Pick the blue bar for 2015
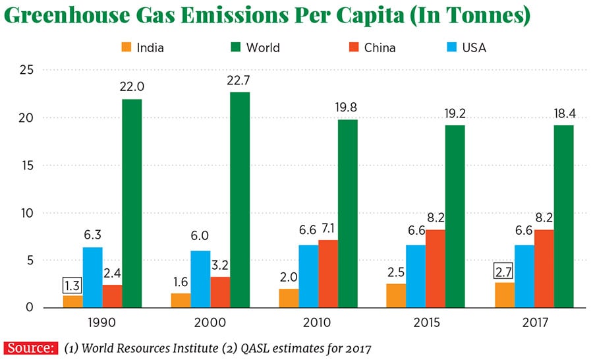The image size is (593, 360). [x=416, y=276]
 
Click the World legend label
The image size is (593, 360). [x=262, y=47]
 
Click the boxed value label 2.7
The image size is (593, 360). [x=503, y=272]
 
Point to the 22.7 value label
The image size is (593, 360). [x=240, y=81]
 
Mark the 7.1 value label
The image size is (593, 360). [x=328, y=229]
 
